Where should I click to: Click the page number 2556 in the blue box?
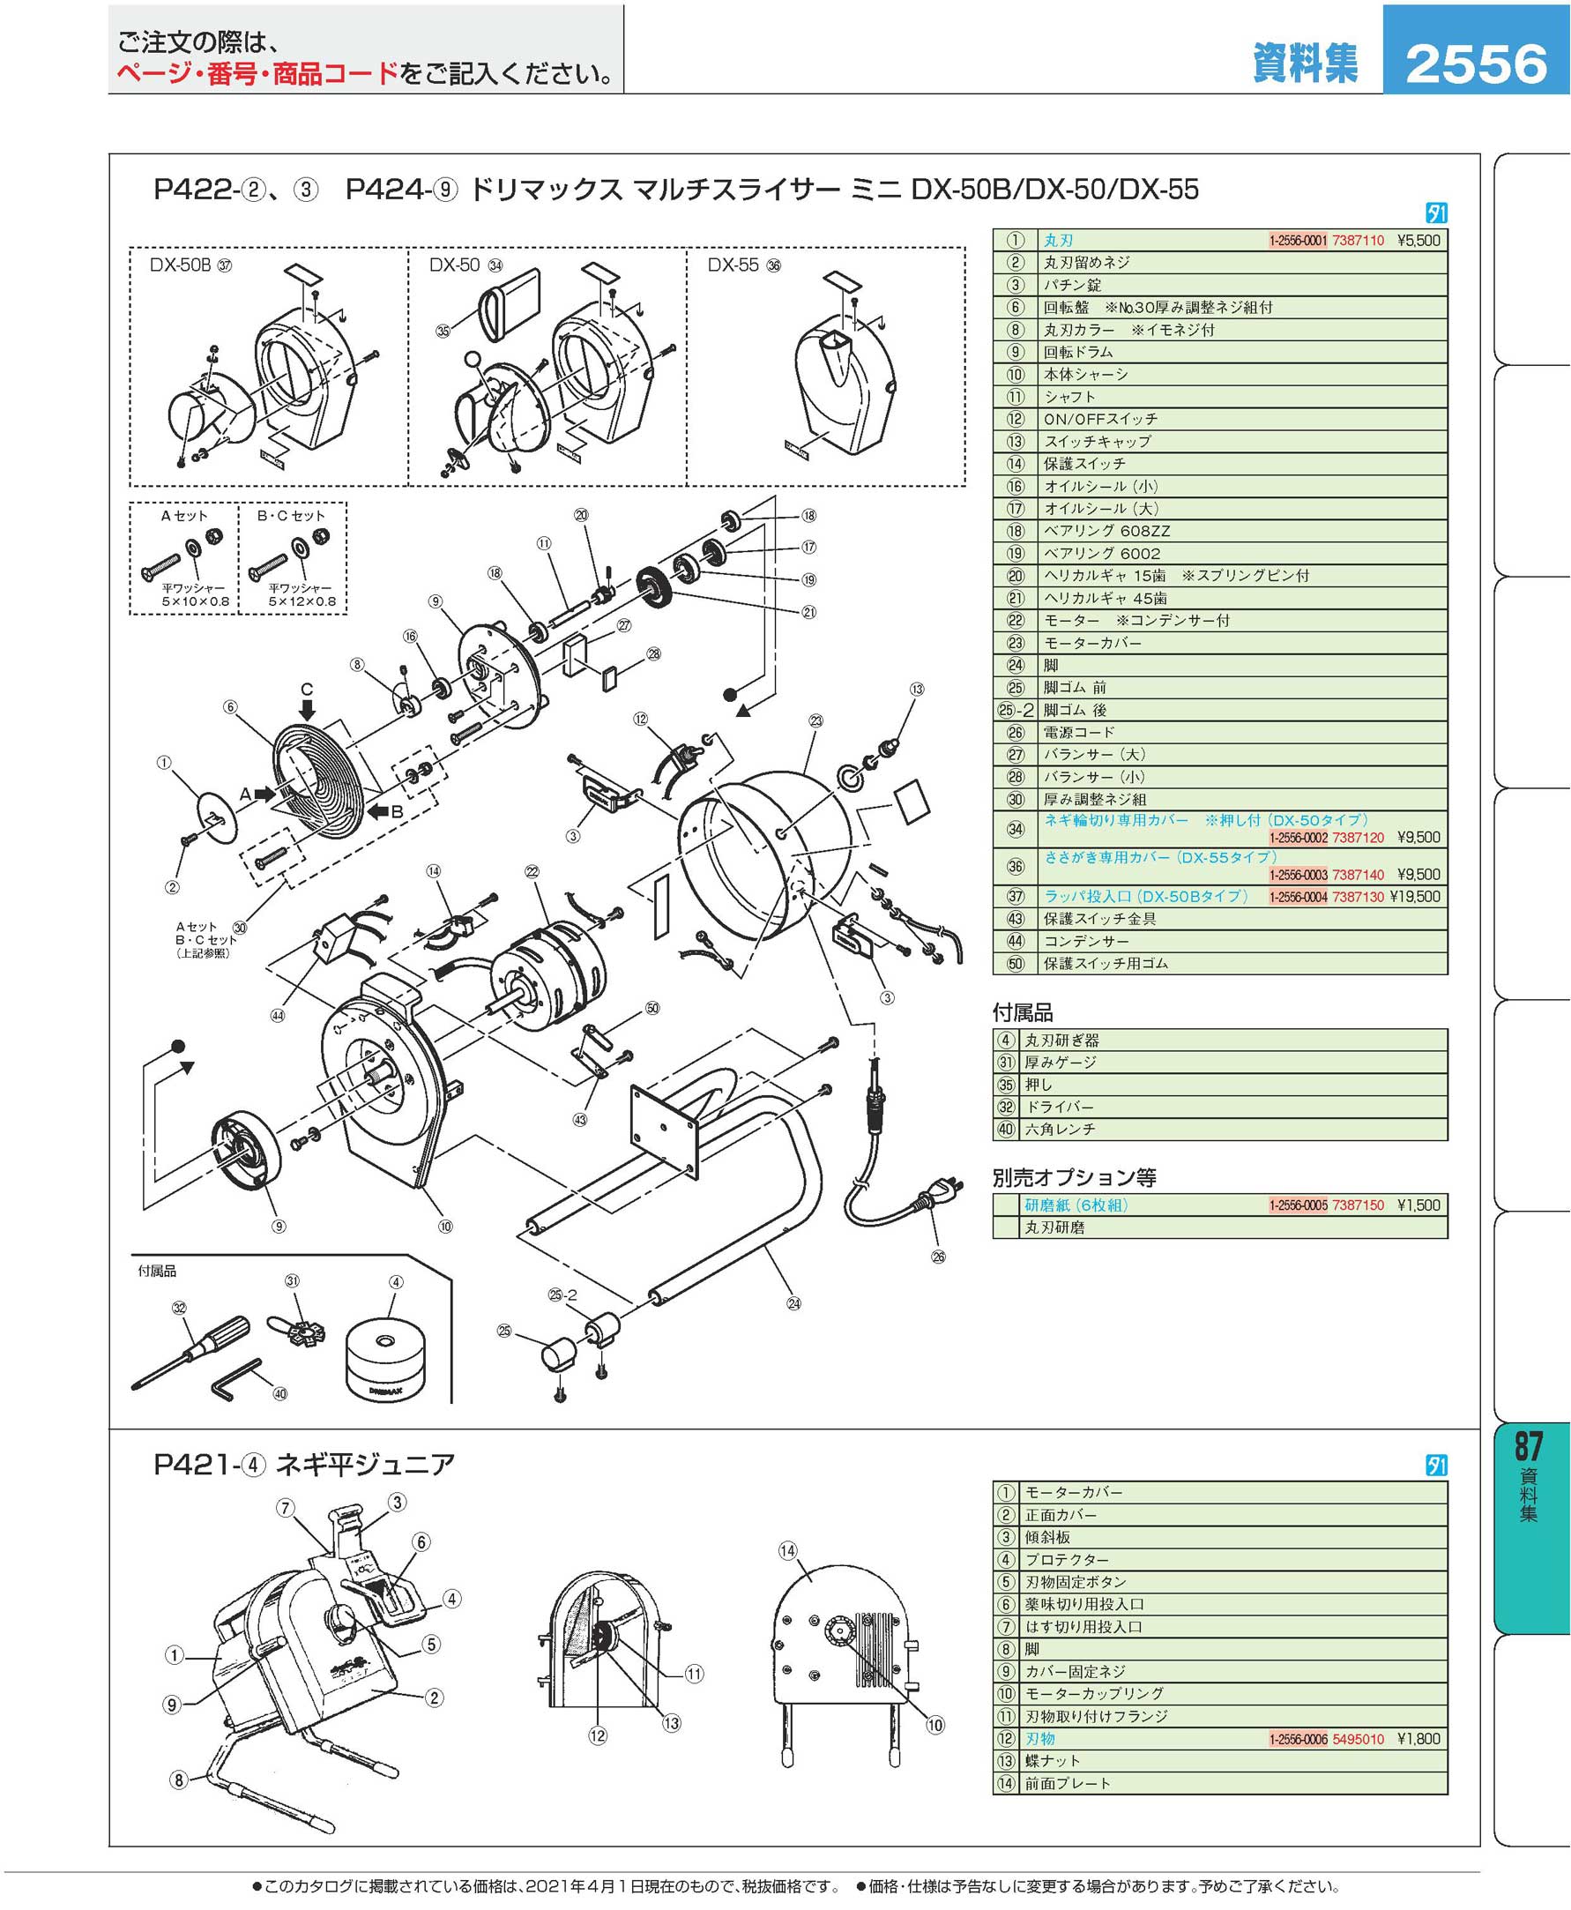point(1476,63)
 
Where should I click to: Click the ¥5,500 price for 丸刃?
point(1418,241)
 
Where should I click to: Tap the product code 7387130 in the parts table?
point(1358,897)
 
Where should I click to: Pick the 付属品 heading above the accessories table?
point(1023,1013)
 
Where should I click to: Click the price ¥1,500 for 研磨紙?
point(1418,1205)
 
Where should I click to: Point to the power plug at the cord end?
point(932,1197)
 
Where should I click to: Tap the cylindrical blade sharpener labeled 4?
point(384,1355)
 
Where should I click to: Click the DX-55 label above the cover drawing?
point(733,265)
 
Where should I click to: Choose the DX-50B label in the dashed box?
point(180,265)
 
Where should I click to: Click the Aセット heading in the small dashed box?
point(183,516)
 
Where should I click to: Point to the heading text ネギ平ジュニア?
point(365,1465)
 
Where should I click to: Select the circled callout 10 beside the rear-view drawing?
point(934,1726)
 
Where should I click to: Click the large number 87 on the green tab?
point(1529,1446)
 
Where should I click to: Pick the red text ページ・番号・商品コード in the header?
point(257,74)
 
